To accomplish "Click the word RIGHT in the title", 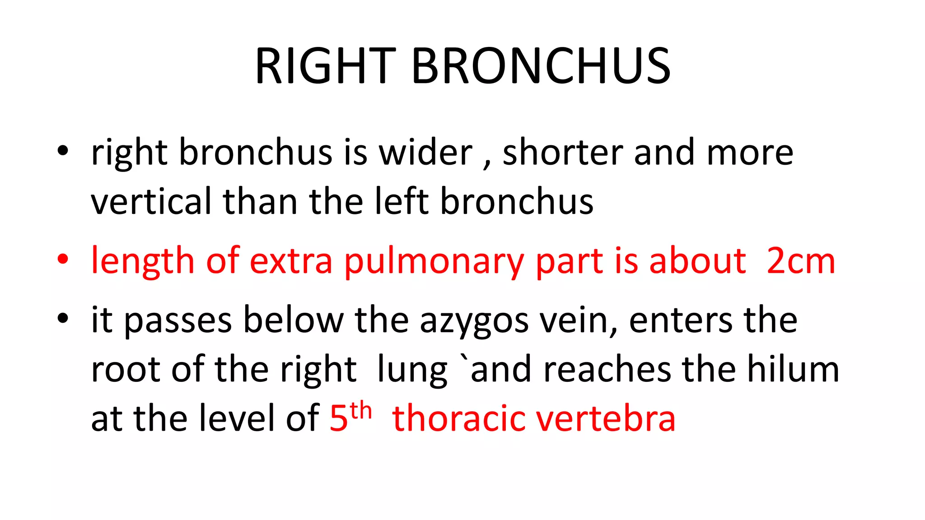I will [325, 66].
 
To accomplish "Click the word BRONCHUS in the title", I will [541, 66].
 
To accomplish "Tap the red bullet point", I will [63, 259].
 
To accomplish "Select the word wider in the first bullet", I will [425, 153].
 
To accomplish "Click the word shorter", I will [563, 153].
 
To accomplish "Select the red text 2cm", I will [801, 261].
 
